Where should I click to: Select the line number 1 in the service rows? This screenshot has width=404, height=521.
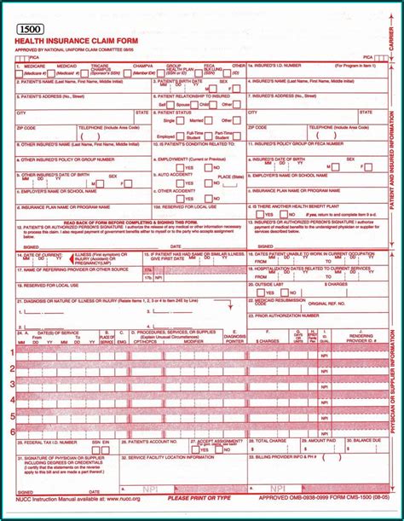[x=12, y=352]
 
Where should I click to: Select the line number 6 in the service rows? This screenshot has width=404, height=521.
[x=12, y=432]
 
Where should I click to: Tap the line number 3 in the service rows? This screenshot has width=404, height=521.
[x=12, y=385]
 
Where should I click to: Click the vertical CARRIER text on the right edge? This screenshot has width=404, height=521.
[x=393, y=34]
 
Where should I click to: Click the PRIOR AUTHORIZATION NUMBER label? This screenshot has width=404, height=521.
[x=286, y=315]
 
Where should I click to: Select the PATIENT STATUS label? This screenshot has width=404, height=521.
[x=176, y=112]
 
